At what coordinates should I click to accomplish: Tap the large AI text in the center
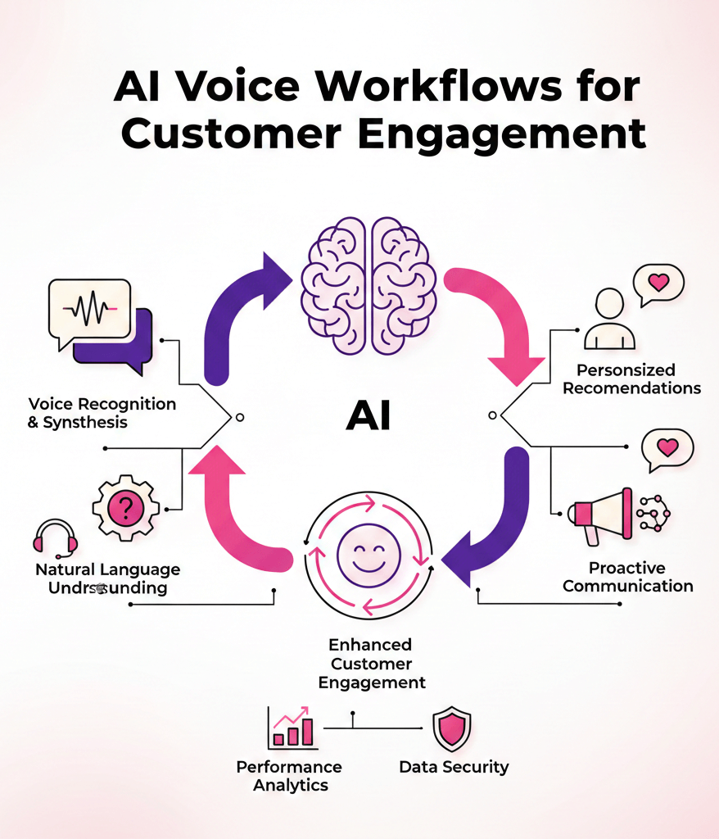pyautogui.click(x=368, y=416)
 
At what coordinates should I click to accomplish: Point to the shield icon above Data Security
pyautogui.click(x=452, y=729)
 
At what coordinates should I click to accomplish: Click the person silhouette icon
pyautogui.click(x=608, y=320)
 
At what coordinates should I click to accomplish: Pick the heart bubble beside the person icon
pyautogui.click(x=658, y=283)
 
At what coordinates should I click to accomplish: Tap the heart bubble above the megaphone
pyautogui.click(x=667, y=448)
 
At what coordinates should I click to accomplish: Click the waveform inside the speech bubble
pyautogui.click(x=89, y=310)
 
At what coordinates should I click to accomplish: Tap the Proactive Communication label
pyautogui.click(x=627, y=577)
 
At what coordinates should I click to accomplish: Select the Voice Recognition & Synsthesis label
pyautogui.click(x=102, y=413)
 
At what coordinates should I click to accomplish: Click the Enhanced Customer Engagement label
pyautogui.click(x=371, y=664)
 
